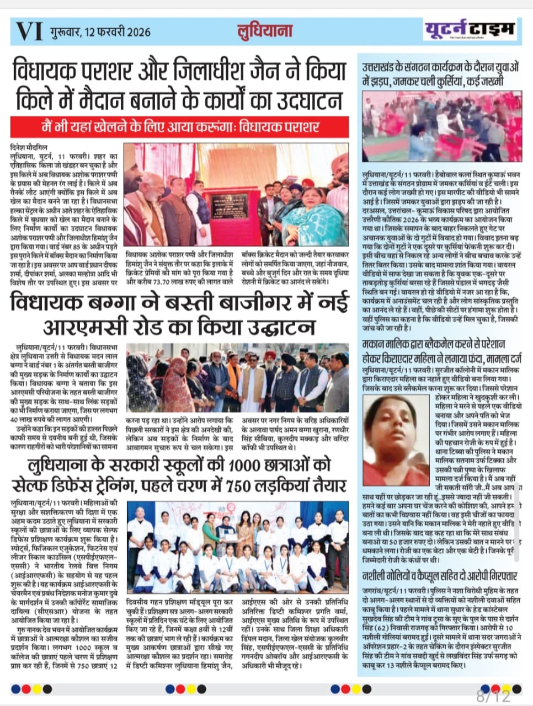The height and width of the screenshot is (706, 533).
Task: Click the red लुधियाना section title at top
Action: (264, 30)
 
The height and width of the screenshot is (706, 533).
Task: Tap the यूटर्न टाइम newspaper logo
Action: (470, 29)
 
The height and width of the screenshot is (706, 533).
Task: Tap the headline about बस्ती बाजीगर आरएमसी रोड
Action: (179, 315)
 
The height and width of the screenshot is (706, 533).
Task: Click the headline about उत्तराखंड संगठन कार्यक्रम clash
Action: (439, 75)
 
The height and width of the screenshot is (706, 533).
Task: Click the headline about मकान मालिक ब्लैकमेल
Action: (439, 351)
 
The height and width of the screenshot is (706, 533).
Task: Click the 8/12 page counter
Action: (494, 696)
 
